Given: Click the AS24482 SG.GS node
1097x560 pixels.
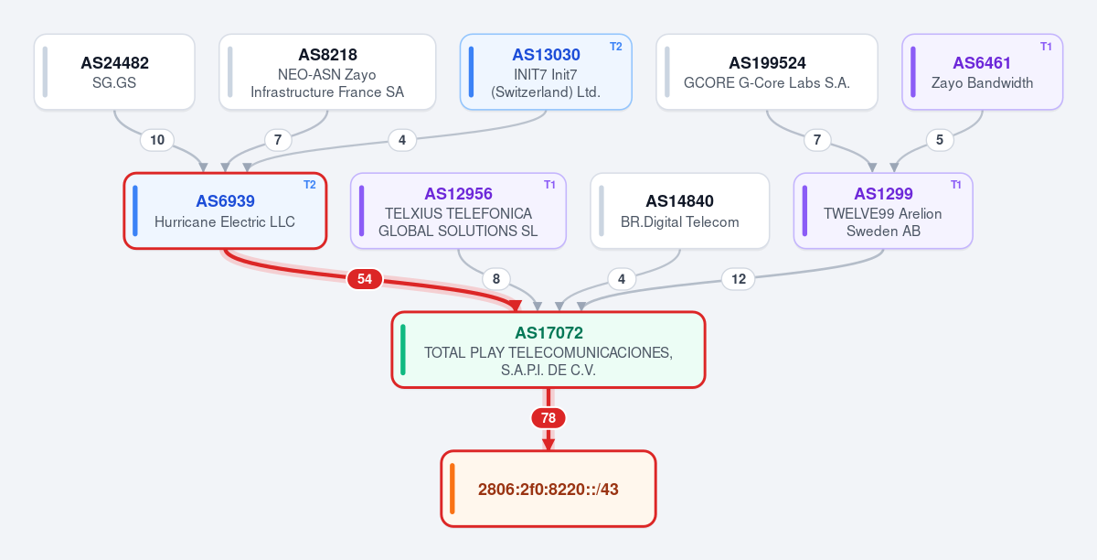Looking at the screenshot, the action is tap(114, 72).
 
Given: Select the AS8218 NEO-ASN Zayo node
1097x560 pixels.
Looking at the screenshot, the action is tap(327, 72).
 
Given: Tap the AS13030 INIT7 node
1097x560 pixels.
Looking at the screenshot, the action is tap(546, 72).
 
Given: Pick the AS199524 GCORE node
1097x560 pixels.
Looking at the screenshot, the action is tap(767, 72).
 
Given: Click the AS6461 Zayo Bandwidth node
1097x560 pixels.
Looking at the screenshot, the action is tap(983, 72).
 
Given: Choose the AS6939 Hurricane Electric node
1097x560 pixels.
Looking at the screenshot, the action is tap(225, 210).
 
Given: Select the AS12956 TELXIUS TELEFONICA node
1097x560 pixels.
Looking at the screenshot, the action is tap(458, 210).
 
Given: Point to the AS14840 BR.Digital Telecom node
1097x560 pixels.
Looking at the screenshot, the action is tap(680, 210).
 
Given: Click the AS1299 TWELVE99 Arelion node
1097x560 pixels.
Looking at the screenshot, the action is tap(883, 210).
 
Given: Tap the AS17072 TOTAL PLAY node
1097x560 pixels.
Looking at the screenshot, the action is tap(548, 350).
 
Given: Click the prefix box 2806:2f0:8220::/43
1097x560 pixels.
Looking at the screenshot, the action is tap(548, 489).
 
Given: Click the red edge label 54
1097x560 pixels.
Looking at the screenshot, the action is tap(365, 279).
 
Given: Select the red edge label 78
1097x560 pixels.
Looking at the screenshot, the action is tap(548, 418).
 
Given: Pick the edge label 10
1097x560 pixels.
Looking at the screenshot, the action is tap(157, 140).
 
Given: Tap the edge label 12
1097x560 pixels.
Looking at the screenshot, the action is tap(738, 279).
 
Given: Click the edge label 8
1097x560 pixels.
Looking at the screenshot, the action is tap(496, 279).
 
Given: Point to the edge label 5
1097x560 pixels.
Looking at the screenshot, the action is tap(940, 140).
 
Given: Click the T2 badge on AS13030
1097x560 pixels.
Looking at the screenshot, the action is tap(615, 47).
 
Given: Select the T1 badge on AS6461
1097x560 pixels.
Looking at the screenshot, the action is tap(1046, 47).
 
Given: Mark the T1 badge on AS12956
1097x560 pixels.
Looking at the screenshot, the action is tap(549, 185).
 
